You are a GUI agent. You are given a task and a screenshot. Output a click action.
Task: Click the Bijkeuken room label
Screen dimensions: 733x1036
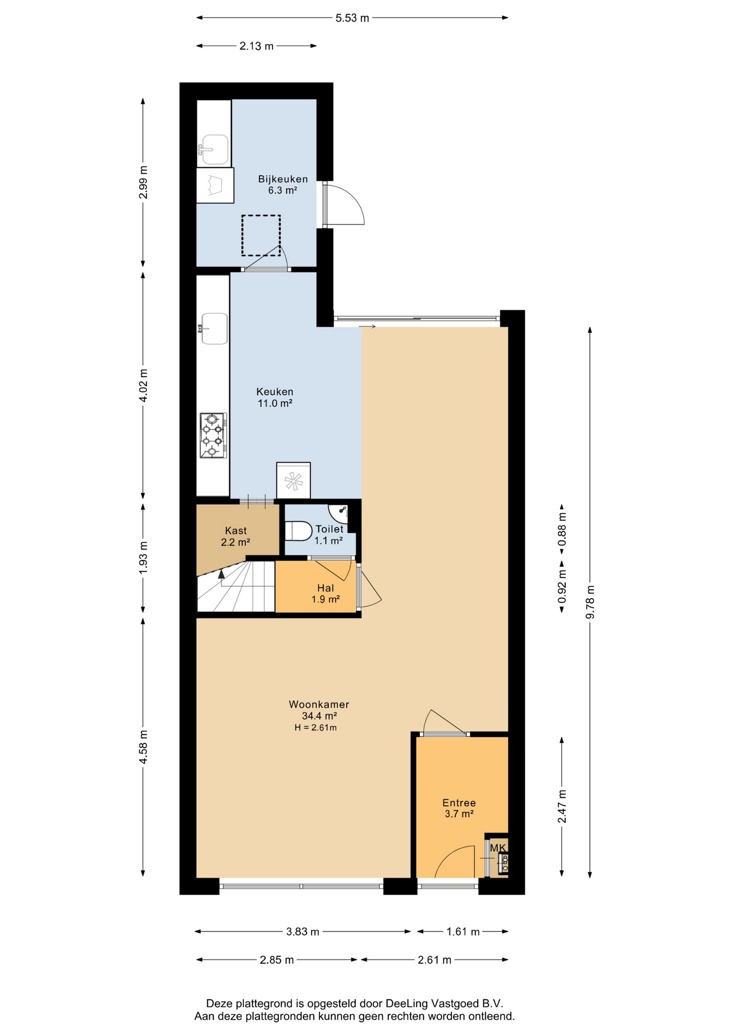283,179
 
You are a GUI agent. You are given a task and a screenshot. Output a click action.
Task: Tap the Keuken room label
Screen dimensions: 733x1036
275,392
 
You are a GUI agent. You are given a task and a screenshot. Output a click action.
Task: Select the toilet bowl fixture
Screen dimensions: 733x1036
298,531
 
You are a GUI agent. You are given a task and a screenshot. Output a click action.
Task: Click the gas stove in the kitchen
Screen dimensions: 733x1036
213,435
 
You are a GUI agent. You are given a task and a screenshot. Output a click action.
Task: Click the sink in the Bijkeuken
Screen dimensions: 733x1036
214,149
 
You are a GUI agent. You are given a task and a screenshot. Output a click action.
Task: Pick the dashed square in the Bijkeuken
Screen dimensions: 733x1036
261,235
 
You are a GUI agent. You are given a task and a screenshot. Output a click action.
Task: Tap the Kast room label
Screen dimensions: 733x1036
236,530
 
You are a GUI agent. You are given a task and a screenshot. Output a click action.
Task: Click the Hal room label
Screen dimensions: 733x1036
325,588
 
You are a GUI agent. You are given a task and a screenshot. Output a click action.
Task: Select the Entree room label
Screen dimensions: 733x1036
459,802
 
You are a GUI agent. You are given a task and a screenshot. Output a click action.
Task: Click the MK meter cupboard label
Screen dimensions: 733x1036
498,848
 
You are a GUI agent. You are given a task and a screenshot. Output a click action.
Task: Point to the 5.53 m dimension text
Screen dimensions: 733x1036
352,18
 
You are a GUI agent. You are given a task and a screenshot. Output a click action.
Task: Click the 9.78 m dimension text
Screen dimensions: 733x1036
590,602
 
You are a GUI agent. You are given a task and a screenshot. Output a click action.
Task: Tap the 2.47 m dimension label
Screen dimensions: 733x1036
562,806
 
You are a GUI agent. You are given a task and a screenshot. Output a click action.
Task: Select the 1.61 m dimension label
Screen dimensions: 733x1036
463,931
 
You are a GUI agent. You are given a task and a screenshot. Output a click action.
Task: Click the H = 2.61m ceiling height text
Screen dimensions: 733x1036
315,727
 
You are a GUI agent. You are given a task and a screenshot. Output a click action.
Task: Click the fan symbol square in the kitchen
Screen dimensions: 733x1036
293,480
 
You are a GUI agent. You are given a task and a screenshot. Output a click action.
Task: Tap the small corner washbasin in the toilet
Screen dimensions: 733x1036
340,512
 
